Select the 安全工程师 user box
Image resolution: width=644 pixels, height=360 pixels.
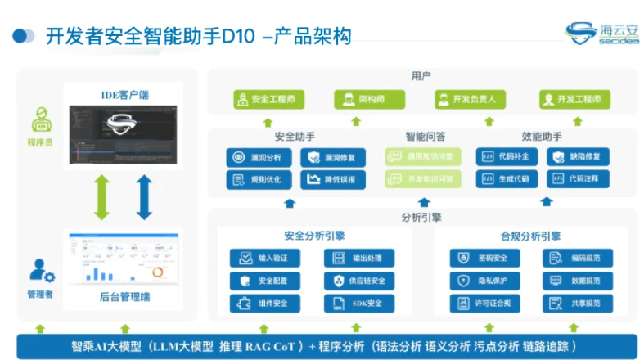pyautogui.click(x=265, y=100)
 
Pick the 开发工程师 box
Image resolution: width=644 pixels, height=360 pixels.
pyautogui.click(x=575, y=100)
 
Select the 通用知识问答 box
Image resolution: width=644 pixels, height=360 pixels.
pyautogui.click(x=423, y=156)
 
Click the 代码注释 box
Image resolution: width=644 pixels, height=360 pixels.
pyautogui.click(x=578, y=178)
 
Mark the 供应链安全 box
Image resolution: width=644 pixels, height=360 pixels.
pyautogui.click(x=358, y=281)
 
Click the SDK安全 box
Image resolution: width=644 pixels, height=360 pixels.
pyautogui.click(x=358, y=304)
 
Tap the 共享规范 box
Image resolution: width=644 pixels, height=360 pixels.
pyautogui.click(x=578, y=304)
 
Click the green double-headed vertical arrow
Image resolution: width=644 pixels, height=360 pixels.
pyautogui.click(x=101, y=197)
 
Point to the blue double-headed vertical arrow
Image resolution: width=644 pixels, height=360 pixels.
pyautogui.click(x=145, y=197)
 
